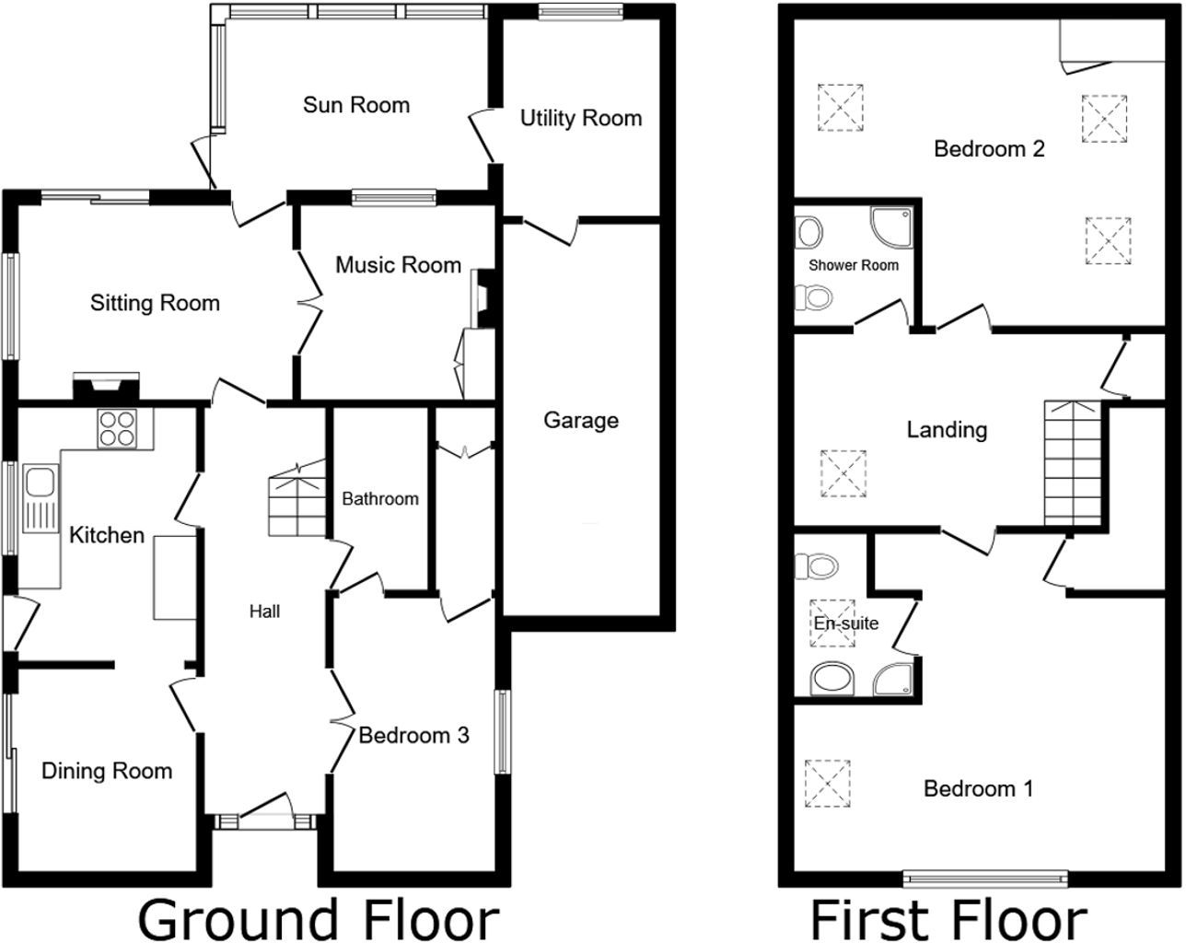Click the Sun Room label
(356, 105)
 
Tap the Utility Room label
(581, 118)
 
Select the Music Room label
(398, 265)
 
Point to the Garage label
(581, 421)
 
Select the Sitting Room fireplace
(108, 387)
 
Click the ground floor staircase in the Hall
(296, 502)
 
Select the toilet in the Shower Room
(811, 297)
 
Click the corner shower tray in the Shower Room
(893, 226)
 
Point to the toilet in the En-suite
(817, 565)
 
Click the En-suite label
(845, 623)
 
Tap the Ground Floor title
(319, 918)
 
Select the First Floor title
(948, 918)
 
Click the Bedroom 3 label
(413, 735)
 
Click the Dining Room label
(107, 771)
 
